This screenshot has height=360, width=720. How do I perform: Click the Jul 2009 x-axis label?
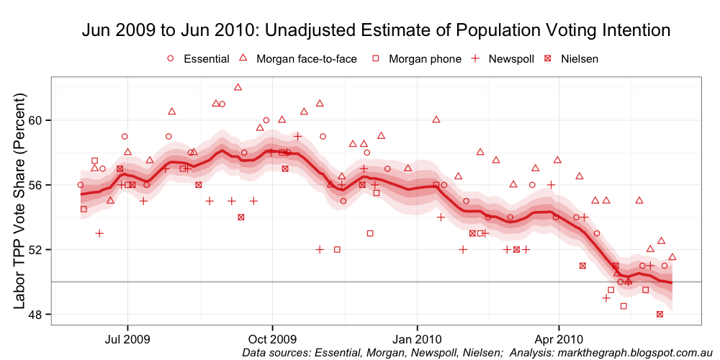[127, 337]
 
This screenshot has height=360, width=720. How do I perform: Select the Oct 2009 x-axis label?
[272, 337]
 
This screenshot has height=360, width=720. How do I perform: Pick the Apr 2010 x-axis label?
[558, 337]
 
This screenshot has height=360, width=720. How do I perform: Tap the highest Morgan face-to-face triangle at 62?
[238, 87]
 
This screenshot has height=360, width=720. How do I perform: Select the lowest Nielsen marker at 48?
[660, 314]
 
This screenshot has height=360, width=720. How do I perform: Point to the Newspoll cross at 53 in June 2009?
[99, 233]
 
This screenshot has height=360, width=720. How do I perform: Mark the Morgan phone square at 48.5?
[624, 306]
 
